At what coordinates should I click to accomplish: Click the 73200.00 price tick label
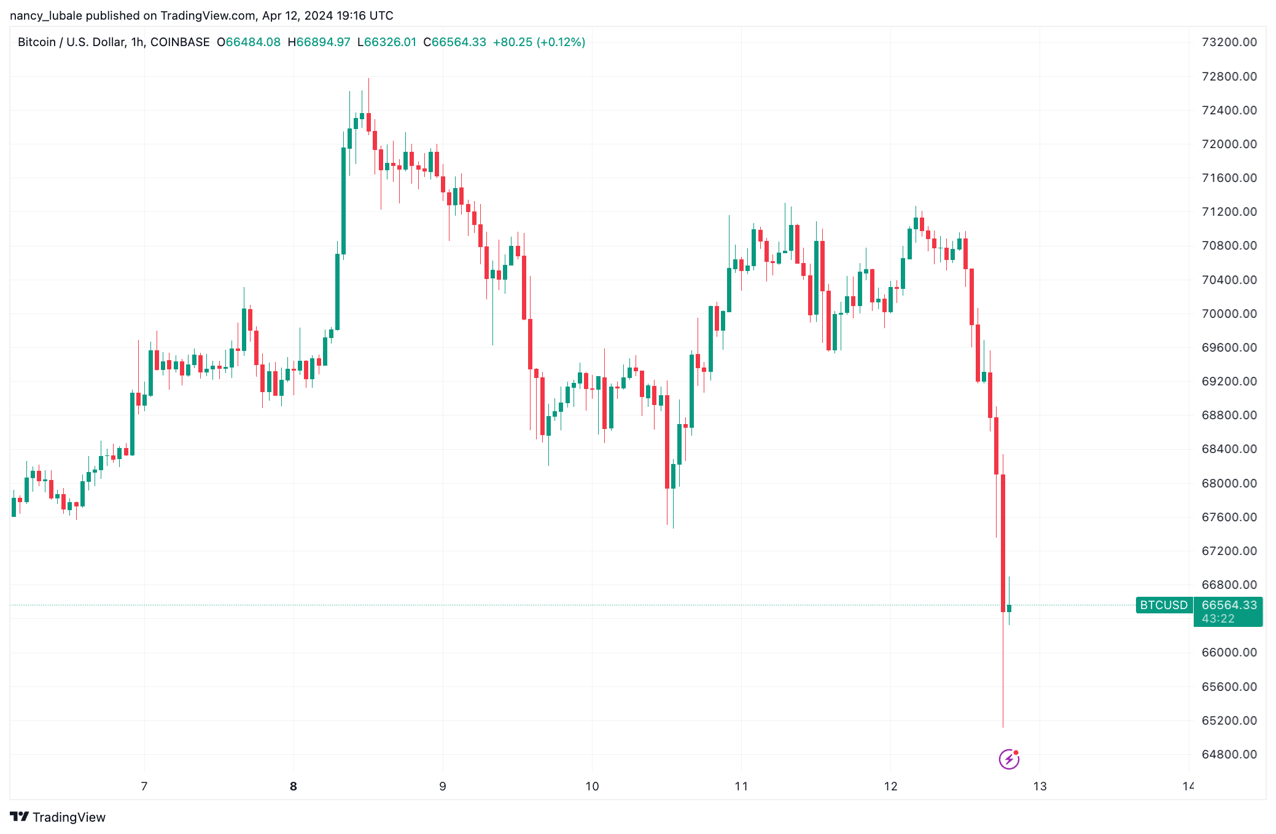(1229, 42)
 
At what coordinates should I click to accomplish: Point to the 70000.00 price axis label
(1229, 313)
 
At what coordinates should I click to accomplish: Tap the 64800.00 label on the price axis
(1229, 754)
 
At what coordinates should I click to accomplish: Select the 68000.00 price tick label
(1229, 483)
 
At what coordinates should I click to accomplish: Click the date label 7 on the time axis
(144, 786)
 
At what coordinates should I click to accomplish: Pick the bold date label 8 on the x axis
(294, 786)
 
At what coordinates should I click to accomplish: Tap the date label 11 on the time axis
(741, 786)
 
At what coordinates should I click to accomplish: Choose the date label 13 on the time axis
(1040, 786)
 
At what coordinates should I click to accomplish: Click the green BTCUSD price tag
(1164, 605)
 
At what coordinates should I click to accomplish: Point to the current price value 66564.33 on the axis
(1229, 605)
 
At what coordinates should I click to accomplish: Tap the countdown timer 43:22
(1218, 619)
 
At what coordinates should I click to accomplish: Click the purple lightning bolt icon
(1009, 759)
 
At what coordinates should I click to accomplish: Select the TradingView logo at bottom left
(58, 817)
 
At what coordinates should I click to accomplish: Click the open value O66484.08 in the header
(249, 42)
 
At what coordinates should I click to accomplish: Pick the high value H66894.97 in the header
(319, 42)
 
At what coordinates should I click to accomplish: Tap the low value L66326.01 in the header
(387, 42)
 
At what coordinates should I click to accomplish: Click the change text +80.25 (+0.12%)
(539, 42)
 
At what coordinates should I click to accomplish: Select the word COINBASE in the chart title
(180, 42)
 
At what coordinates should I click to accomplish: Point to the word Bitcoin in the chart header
(37, 42)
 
